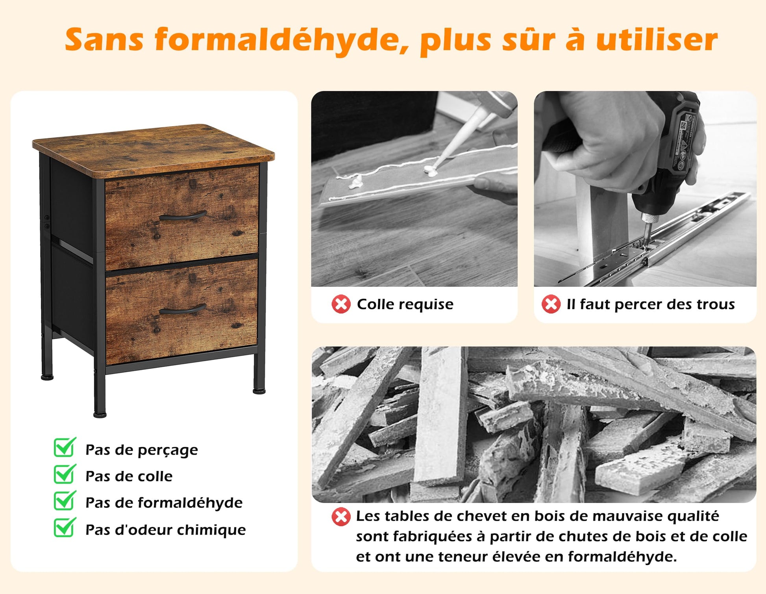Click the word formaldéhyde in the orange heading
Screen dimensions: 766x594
click(282, 40)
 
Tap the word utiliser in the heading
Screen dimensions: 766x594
click(657, 39)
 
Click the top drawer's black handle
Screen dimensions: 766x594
click(183, 216)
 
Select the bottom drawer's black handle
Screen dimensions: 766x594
click(183, 309)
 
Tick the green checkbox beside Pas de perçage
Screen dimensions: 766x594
click(65, 448)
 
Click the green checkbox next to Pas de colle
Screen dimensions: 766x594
click(65, 474)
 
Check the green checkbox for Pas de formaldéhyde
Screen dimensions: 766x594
click(65, 501)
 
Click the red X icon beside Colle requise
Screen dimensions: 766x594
click(341, 304)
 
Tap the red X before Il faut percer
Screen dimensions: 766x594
click(551, 304)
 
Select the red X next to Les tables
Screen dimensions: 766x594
click(341, 517)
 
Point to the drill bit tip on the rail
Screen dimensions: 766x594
click(648, 245)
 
